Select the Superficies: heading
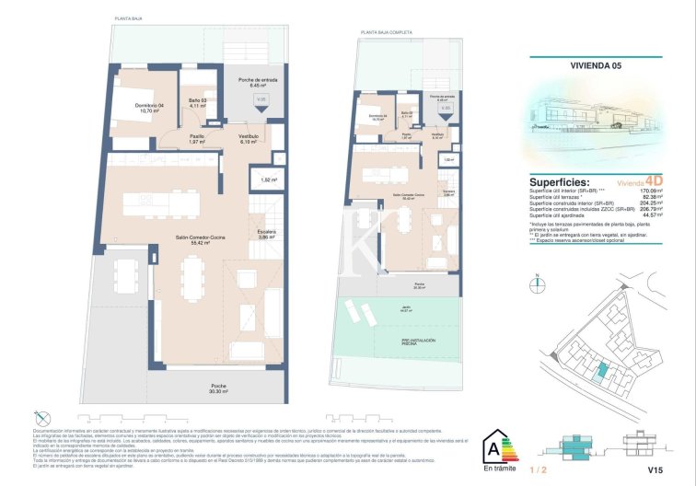pos(560,182)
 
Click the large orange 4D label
pos(654,181)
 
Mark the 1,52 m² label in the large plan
pos(268,180)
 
